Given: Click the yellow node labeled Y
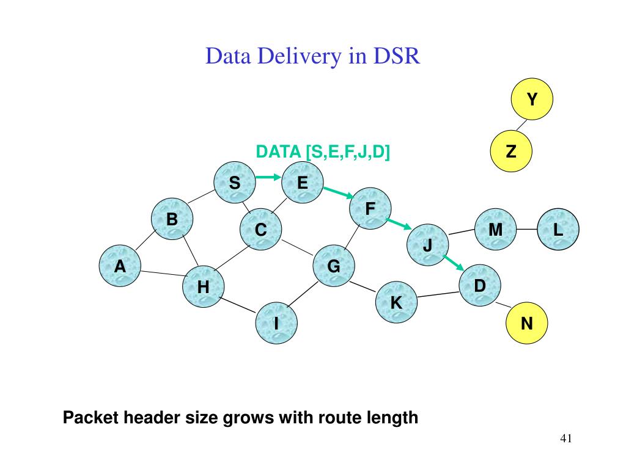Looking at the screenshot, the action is click(532, 99).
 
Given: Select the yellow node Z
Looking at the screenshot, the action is click(511, 151).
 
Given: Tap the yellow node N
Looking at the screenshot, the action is click(526, 323).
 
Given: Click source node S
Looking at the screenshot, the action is click(235, 182).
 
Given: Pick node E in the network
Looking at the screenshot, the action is click(302, 182).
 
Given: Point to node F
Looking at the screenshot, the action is click(370, 208).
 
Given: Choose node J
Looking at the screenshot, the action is click(427, 245).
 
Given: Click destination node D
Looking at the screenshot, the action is click(480, 285).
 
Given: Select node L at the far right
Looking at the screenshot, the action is click(558, 230).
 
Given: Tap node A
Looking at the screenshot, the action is click(120, 266).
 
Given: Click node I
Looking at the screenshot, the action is click(276, 323).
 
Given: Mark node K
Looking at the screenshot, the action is click(396, 302).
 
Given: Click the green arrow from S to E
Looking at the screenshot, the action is click(268, 177).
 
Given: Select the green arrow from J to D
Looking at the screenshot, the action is click(454, 263).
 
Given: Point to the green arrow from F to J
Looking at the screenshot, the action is click(399, 224).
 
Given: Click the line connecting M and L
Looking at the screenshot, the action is click(526, 230).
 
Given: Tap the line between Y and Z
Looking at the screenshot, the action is click(521, 125).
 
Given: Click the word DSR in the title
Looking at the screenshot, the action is click(396, 56).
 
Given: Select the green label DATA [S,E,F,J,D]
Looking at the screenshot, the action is click(323, 152).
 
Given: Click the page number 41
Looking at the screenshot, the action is click(566, 438).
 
